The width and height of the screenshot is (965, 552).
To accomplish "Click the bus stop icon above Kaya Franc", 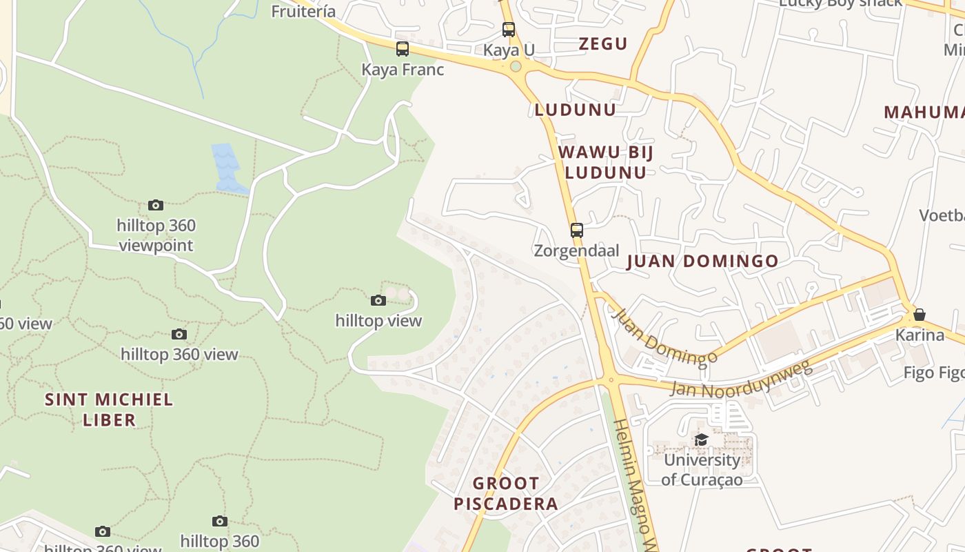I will [403, 49].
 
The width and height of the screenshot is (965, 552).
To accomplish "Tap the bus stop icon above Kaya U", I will [509, 30].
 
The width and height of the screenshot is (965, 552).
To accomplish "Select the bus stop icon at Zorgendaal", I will [577, 230].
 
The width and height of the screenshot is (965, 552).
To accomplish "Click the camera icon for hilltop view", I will [378, 300].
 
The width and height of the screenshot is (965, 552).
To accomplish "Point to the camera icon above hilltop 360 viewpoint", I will [156, 205].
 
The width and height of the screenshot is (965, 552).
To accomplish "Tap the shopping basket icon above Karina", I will [920, 315].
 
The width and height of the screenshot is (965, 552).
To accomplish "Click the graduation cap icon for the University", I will [702, 440].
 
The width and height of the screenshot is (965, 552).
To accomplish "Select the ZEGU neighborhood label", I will [603, 44].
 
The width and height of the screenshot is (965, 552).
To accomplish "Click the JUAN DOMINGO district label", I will [702, 262].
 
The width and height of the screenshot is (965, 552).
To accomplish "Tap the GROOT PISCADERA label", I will [506, 493].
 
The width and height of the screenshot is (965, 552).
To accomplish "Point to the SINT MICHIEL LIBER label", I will [109, 409].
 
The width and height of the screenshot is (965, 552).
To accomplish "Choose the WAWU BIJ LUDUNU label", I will [605, 162].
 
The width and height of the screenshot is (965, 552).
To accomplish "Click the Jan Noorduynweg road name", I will [741, 379].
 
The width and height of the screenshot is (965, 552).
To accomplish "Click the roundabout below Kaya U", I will [515, 67].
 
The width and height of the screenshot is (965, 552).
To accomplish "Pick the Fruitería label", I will [303, 11].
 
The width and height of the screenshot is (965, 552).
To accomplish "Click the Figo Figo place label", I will [934, 373].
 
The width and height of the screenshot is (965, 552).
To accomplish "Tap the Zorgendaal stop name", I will [577, 250].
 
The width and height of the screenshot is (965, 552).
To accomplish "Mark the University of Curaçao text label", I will [702, 469].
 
